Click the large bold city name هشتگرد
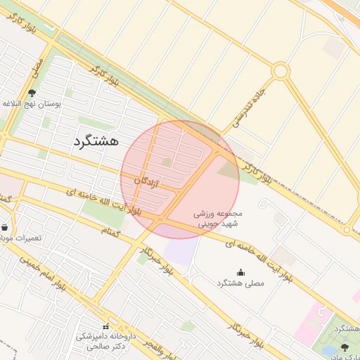coord(103,141)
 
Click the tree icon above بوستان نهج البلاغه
coord(32,92)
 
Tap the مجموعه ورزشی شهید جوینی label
coord(218,218)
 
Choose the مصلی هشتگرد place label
coord(241,283)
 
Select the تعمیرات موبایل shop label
coord(20,238)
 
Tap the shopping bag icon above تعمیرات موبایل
coord(6,227)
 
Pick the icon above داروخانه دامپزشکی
coord(106,326)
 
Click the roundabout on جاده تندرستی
coord(281,71)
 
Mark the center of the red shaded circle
coord(180,179)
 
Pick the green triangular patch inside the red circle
coord(229,169)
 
